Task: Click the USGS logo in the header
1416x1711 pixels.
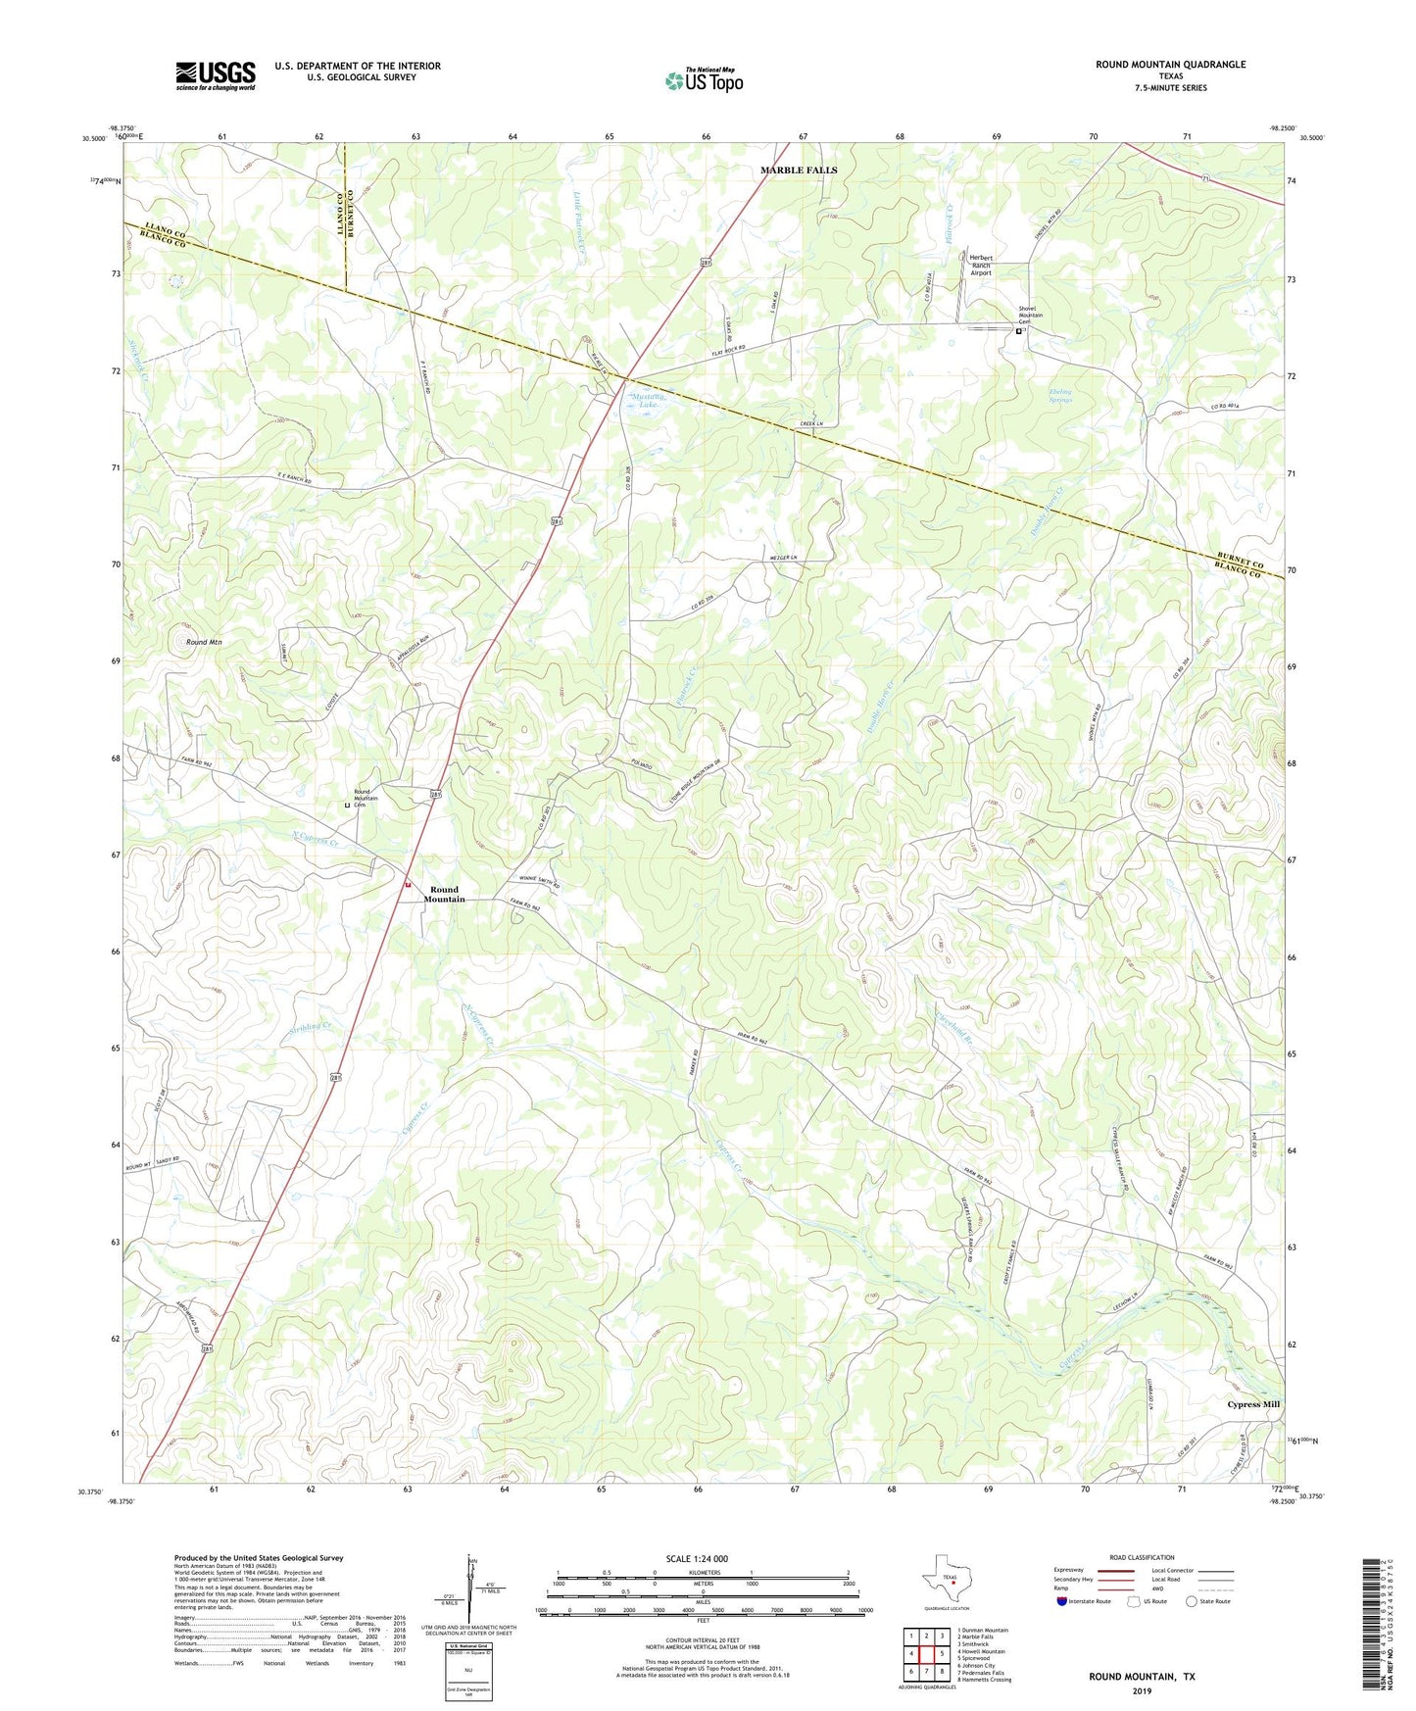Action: pyautogui.click(x=216, y=75)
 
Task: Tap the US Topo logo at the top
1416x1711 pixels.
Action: pyautogui.click(x=704, y=79)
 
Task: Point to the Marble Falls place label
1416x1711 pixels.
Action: pyautogui.click(x=799, y=171)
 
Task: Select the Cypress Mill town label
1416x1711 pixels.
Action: pyautogui.click(x=1253, y=1404)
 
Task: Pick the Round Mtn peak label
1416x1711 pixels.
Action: pyautogui.click(x=204, y=642)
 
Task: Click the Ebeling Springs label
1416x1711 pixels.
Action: pyautogui.click(x=1060, y=396)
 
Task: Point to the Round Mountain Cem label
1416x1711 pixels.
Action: pyautogui.click(x=366, y=798)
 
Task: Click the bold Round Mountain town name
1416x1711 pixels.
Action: pyautogui.click(x=444, y=895)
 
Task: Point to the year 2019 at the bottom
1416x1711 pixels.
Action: pyautogui.click(x=1142, y=1691)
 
